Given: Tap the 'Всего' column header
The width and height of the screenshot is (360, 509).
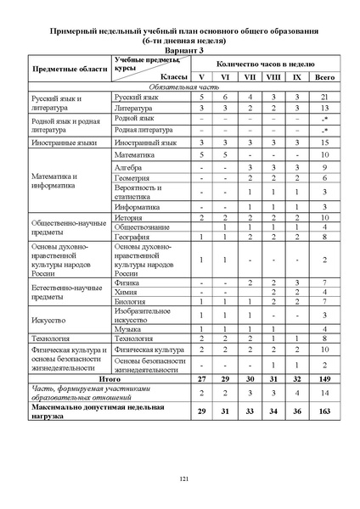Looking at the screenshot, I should pos(325,76).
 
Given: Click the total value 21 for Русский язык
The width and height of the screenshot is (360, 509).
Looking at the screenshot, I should pos(325,98).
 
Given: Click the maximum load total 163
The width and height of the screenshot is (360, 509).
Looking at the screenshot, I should pos(325,414).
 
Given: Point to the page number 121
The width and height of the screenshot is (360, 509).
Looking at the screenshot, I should pos(181,479).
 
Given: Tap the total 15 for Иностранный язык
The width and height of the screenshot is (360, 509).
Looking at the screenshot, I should pos(325,143).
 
